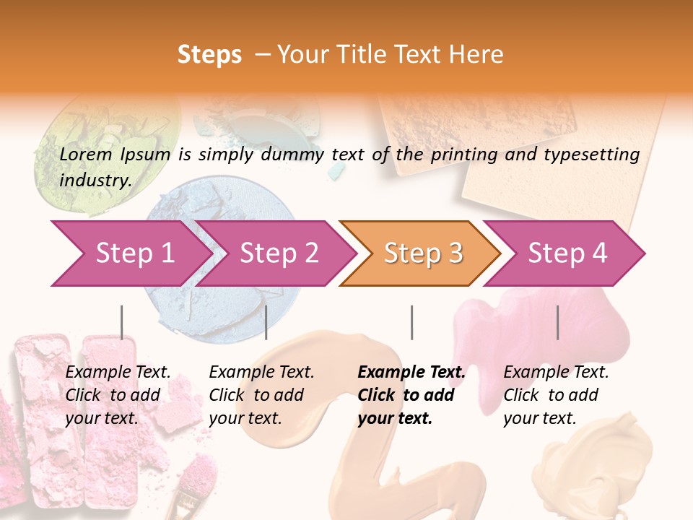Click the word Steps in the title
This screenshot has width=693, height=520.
coord(209,55)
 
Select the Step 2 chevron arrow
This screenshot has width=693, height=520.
coord(279,253)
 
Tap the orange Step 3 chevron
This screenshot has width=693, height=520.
coord(423,253)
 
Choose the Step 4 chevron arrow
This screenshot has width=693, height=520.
coord(567,253)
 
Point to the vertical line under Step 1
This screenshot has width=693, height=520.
coord(121,322)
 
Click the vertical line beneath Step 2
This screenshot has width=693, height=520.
coord(266,322)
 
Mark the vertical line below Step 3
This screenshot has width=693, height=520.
coord(411,322)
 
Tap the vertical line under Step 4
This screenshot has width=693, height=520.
coord(557,322)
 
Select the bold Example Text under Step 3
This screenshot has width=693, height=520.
coord(411,395)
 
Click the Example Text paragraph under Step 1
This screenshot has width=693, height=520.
coord(118,395)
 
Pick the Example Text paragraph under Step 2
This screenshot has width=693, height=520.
coord(261,395)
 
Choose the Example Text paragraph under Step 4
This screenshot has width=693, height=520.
coord(556,395)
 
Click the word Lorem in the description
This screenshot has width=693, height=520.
coord(86,154)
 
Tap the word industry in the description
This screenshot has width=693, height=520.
coord(95,181)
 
